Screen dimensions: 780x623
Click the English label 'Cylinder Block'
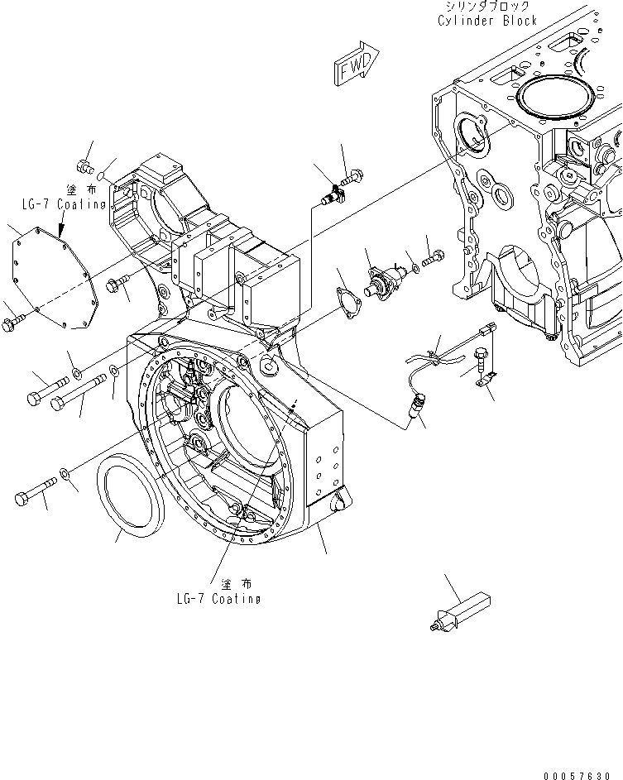click(487, 21)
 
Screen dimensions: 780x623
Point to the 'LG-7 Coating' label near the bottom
click(219, 599)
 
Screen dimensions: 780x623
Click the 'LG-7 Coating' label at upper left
click(64, 204)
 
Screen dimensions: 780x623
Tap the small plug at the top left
click(83, 164)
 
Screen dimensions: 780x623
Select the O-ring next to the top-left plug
click(99, 175)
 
